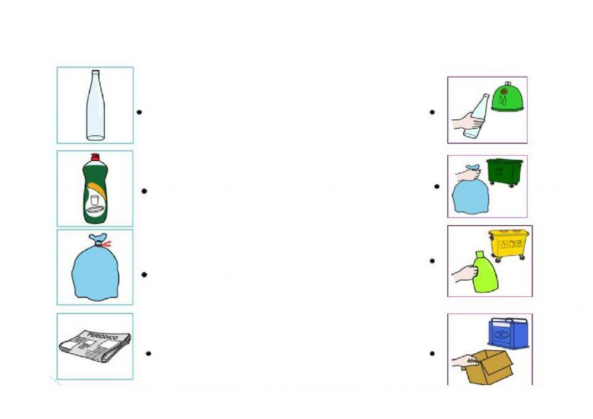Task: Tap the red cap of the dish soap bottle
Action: pos(93,158)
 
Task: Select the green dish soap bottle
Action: pos(94,193)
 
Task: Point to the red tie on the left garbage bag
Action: pos(106,243)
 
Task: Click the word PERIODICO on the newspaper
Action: pos(100,336)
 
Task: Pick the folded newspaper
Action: pos(95,347)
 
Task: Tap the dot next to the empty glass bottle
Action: pos(139,111)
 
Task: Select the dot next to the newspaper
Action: pos(148,354)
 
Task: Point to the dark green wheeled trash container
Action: pos(505,171)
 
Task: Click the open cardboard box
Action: pos(489,367)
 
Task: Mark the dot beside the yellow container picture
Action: pos(433,261)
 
